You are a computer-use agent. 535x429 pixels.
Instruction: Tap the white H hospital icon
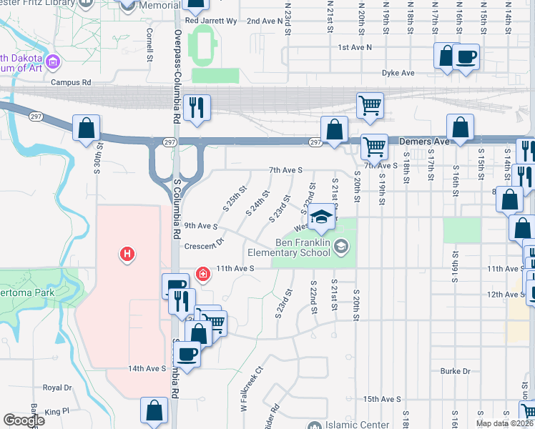[x=127, y=254]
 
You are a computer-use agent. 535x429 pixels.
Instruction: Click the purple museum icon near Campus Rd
[x=51, y=63]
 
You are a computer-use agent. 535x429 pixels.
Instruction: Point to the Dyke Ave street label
[x=398, y=73]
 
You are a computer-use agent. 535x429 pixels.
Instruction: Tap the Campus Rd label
[x=71, y=83]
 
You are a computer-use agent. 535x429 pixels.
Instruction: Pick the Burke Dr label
[x=455, y=371]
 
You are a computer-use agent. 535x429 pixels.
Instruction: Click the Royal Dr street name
[x=57, y=388]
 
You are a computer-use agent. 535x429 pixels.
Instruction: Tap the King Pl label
[x=57, y=412]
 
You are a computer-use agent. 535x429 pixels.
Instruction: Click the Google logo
[x=24, y=420]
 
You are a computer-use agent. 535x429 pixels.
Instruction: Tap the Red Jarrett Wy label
[x=210, y=21]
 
